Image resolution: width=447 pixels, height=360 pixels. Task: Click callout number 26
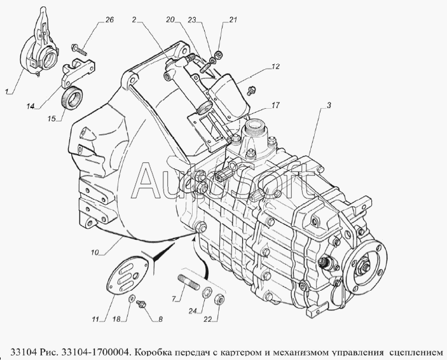(110, 20)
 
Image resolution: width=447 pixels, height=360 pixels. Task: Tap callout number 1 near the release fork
(6, 92)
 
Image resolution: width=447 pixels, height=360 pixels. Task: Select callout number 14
(31, 106)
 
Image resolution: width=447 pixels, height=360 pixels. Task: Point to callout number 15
(52, 118)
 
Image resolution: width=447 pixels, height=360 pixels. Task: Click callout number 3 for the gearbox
(329, 105)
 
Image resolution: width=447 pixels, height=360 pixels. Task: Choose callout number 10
(95, 252)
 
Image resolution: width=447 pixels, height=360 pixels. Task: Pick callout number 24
(193, 312)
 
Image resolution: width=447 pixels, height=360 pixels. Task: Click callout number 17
(276, 105)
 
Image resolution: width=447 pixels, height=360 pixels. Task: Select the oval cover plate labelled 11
(127, 274)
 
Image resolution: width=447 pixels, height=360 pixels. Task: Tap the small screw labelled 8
(141, 304)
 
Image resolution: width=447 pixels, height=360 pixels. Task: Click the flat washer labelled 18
(132, 298)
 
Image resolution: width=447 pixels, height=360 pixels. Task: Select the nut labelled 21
(219, 53)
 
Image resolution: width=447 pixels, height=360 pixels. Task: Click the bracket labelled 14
(78, 73)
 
